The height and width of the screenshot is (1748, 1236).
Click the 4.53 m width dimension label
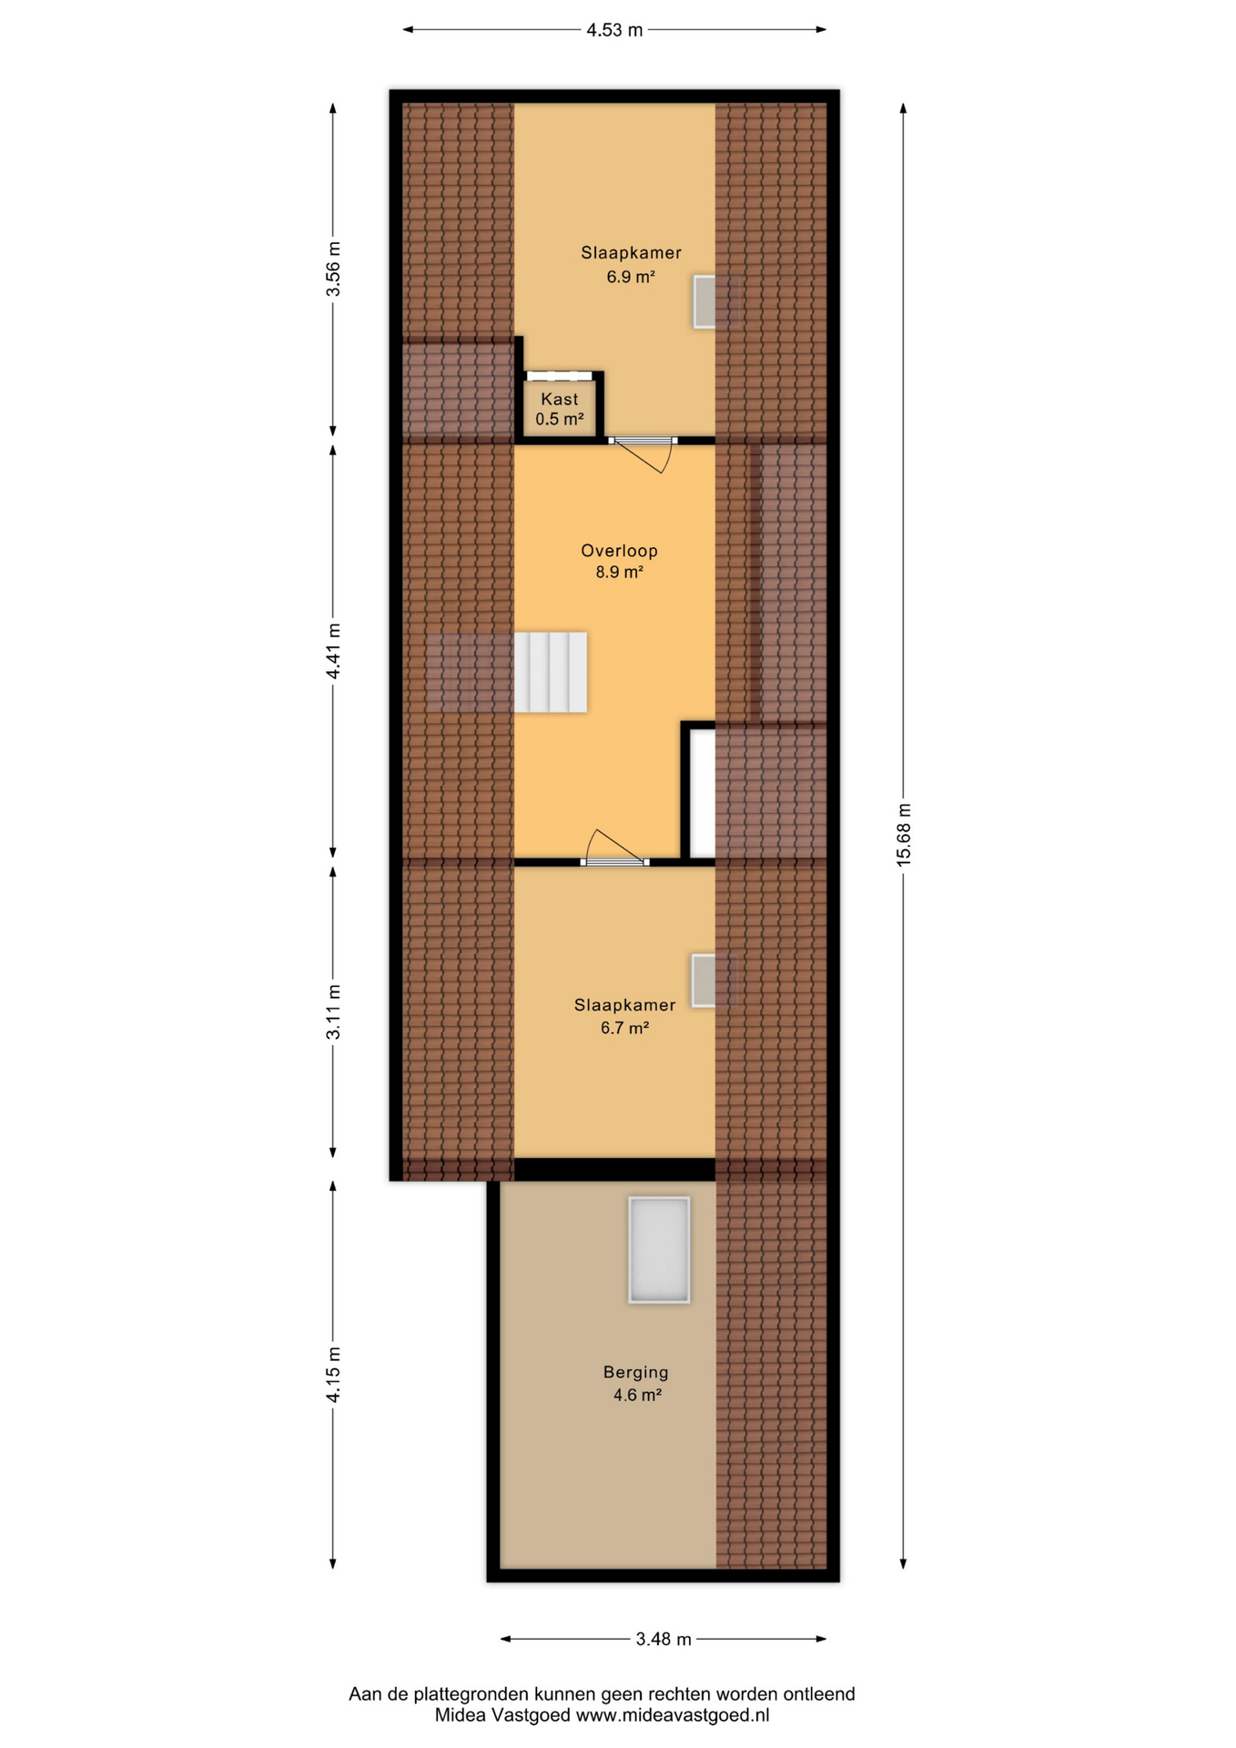click(x=614, y=30)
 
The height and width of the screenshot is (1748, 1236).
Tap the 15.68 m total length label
click(x=904, y=834)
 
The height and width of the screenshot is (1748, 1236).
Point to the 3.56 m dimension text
click(x=334, y=269)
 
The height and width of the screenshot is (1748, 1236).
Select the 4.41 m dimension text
click(x=334, y=650)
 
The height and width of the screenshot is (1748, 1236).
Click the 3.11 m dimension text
click(x=334, y=1011)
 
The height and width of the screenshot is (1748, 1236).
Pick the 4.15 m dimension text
click(x=334, y=1375)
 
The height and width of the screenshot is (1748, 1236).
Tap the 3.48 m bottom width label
click(x=664, y=1640)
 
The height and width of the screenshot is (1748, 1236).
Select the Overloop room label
click(x=619, y=551)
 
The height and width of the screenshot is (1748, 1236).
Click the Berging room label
click(x=635, y=1372)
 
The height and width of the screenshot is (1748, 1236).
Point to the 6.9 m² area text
click(x=631, y=277)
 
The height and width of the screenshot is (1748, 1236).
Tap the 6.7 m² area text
click(x=624, y=1028)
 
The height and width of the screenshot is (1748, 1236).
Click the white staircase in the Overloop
click(x=551, y=672)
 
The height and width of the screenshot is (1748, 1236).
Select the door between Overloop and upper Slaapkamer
click(x=643, y=452)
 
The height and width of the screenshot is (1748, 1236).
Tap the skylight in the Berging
click(x=659, y=1250)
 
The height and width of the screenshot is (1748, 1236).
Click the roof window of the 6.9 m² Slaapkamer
click(x=704, y=301)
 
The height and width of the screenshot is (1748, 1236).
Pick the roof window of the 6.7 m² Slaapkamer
click(x=704, y=981)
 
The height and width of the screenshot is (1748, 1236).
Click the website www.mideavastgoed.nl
click(x=673, y=1715)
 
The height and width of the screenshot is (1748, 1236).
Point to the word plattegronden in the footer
click(x=472, y=1694)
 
